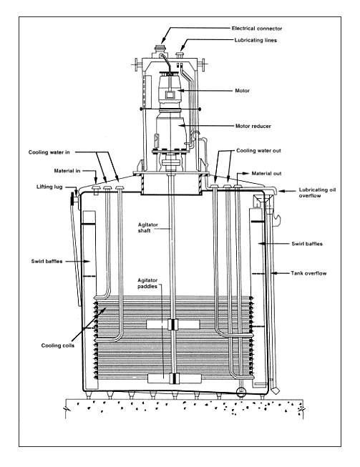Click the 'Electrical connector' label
tap(257, 29)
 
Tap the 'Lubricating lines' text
tap(256, 40)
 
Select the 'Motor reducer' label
tap(253, 126)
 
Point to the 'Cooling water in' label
tap(49, 152)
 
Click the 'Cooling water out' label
tap(258, 151)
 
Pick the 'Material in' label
tap(67, 171)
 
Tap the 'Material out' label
tap(266, 173)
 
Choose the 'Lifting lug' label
tap(49, 187)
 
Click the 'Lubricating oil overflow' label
tap(317, 192)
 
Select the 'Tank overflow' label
tap(308, 273)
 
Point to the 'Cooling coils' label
tap(58, 345)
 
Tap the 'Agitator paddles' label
tap(147, 283)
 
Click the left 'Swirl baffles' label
tap(47, 261)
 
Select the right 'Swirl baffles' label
tap(307, 244)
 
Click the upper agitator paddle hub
tap(173, 325)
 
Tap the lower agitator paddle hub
tap(173, 378)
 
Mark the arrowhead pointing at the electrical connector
tap(164, 40)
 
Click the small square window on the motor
tap(170, 95)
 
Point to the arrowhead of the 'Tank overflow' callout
tap(274, 273)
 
